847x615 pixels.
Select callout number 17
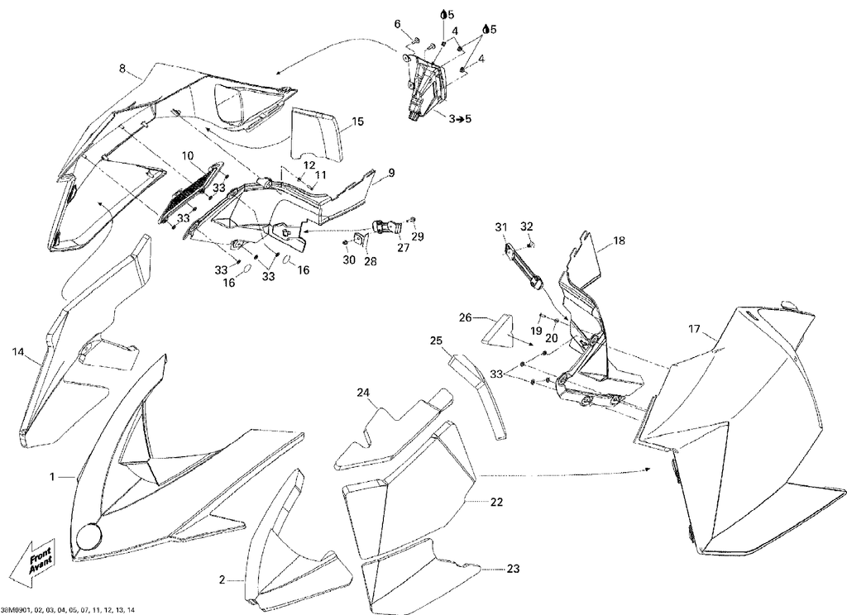click(695, 328)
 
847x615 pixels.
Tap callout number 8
click(122, 68)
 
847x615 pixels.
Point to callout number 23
click(513, 569)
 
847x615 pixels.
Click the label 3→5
click(460, 118)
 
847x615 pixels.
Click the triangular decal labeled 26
click(496, 330)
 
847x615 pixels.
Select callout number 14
click(18, 352)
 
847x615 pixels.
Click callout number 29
click(418, 236)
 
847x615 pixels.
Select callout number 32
click(527, 226)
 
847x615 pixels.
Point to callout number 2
click(222, 580)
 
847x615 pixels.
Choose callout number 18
click(619, 241)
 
